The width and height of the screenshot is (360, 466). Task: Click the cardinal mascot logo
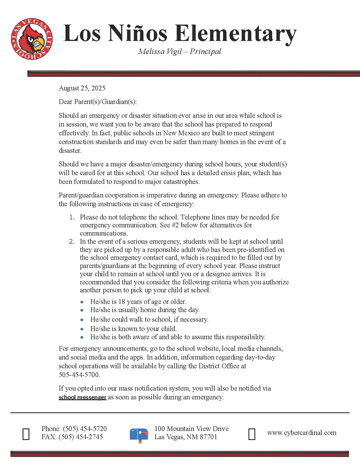coord(32,41)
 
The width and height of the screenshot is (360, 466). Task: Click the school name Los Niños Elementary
coord(180,34)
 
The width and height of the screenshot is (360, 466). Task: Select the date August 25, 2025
coord(82,88)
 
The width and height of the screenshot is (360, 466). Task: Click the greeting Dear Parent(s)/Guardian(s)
coord(98,101)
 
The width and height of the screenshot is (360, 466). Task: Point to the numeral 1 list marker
coord(71,218)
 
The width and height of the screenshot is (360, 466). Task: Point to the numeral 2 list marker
coord(71,241)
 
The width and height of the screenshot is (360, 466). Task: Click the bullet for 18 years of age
coord(82,302)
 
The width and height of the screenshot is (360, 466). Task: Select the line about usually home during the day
coord(145,310)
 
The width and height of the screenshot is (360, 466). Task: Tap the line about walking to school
coord(149,319)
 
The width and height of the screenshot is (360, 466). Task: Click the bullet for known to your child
coord(82,329)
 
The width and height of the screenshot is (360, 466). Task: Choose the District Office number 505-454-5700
coord(79,375)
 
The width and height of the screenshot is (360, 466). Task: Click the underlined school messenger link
coord(82,397)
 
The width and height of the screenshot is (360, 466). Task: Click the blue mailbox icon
coord(139,434)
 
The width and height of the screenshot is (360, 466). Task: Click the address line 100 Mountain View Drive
coord(191,429)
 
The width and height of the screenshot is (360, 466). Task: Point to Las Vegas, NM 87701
coord(186,437)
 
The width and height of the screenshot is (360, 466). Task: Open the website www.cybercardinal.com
coord(302,433)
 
